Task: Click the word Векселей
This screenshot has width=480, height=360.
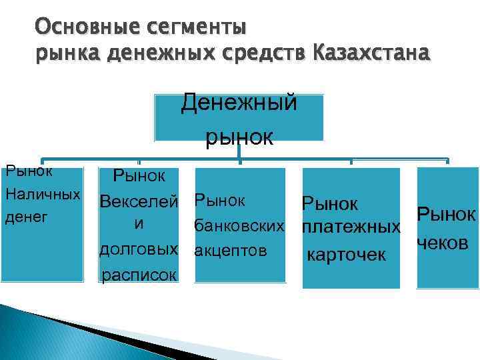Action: click(139, 201)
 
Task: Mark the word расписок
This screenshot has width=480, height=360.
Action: click(139, 274)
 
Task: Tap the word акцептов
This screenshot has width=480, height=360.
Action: click(230, 251)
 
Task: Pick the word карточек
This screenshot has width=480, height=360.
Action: click(346, 255)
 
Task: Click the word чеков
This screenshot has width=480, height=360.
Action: click(441, 243)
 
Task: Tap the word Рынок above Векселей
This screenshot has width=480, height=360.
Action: click(144, 176)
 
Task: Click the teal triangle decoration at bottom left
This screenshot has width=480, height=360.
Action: click(47, 333)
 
